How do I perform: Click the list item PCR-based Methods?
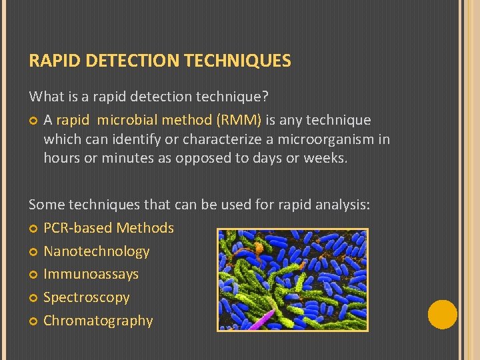(x=108, y=228)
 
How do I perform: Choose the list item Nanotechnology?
(x=96, y=251)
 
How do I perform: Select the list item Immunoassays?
(x=91, y=274)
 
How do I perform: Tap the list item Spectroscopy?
(x=86, y=297)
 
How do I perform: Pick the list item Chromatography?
(x=98, y=321)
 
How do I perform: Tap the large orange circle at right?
(x=442, y=315)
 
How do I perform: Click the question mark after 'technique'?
(x=265, y=97)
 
